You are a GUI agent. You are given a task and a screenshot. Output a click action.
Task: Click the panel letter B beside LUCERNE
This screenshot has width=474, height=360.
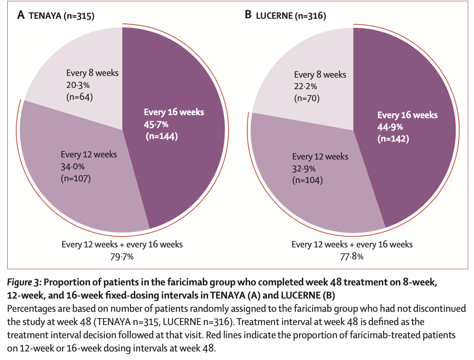(x=248, y=16)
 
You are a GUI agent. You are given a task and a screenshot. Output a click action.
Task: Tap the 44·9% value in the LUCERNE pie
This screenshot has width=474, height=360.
(x=390, y=127)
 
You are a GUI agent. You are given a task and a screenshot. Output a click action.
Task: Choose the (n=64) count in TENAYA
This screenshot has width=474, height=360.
(x=80, y=97)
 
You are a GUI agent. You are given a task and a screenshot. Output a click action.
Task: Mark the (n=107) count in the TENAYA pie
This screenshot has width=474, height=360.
(x=76, y=177)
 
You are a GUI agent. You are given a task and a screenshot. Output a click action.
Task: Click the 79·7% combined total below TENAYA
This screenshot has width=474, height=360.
(x=122, y=256)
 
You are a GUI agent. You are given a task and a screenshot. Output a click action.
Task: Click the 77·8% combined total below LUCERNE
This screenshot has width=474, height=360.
(x=352, y=256)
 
